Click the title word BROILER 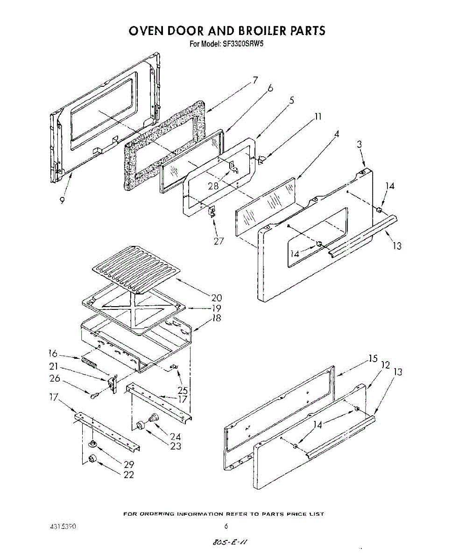[258, 31]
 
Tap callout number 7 [255, 80]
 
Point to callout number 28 [213, 186]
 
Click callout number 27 [218, 241]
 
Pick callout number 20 [216, 297]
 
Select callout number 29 [129, 464]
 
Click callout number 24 [175, 437]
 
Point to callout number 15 [372, 358]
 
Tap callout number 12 [385, 364]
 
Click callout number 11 [318, 117]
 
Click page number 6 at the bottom [226, 526]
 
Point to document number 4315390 [63, 526]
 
